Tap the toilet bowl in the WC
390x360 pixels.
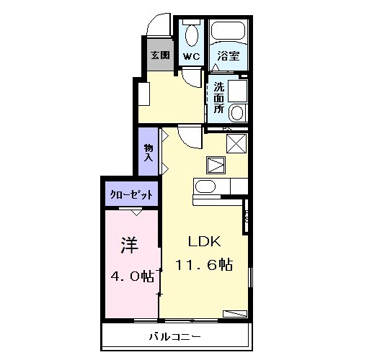pos(191,34)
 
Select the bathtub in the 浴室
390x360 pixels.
pos(229,33)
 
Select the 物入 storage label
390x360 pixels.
pos(149,151)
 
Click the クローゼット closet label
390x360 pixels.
pos(130,194)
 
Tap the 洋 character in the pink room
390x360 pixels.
pos(129,246)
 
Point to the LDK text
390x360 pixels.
pos(204,240)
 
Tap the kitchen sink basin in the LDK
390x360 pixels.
pos(205,188)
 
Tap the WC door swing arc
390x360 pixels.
pos(191,78)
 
